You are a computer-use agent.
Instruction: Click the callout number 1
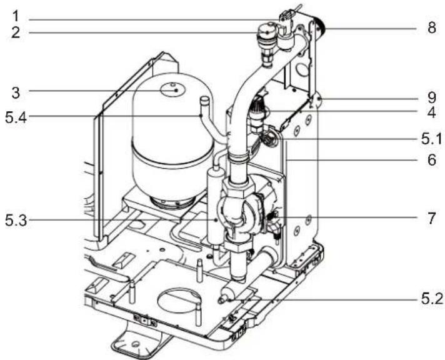coord(16,16)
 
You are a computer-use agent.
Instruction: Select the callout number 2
coord(16,32)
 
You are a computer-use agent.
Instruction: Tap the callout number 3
coord(16,92)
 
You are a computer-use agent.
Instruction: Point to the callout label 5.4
coord(16,117)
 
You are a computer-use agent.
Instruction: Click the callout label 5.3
coord(16,221)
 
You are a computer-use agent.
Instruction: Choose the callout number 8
coord(432,28)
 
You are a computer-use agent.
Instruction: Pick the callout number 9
coord(432,98)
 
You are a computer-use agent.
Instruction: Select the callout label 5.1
coord(432,139)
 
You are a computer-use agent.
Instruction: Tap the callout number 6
coord(432,160)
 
